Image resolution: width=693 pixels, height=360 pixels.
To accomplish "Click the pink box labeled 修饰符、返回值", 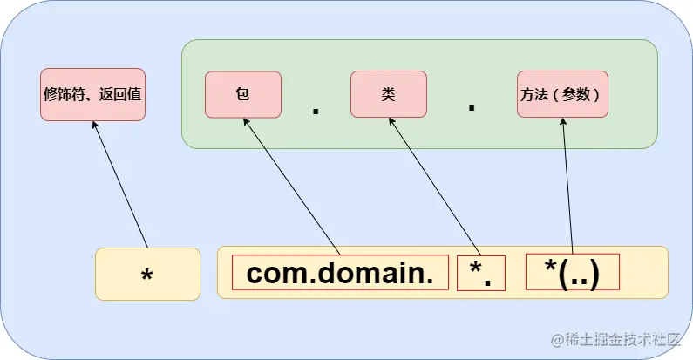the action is point(92,94).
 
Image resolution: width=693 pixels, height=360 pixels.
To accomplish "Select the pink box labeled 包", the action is point(243,94).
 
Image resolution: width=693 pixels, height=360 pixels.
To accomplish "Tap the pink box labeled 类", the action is point(389,94).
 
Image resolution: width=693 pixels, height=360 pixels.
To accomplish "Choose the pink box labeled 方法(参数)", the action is point(562,94).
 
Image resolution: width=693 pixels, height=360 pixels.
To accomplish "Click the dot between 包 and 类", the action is point(316,111).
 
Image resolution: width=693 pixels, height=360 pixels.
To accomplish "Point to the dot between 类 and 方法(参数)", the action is point(472,107).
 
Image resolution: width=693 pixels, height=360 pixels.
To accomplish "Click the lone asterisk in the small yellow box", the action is point(147,275).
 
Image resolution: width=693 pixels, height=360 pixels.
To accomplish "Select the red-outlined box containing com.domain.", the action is point(340,273).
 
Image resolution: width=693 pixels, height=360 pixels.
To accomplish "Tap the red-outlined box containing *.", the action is point(481,273).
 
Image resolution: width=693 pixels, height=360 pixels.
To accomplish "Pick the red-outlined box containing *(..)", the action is point(573,272).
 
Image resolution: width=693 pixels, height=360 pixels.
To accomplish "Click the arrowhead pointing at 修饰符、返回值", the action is point(94,125).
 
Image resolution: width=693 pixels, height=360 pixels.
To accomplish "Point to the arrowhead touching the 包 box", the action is point(246,121).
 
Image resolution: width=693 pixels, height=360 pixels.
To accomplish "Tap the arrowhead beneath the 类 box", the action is point(391,121).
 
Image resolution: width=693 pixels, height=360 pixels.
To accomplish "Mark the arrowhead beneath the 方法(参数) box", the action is point(563,121).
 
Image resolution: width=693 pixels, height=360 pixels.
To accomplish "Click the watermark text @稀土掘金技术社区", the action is point(615,339).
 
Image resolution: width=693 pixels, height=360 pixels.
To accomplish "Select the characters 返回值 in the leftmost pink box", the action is point(120,94).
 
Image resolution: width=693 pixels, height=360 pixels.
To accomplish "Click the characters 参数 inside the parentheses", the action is point(576,94).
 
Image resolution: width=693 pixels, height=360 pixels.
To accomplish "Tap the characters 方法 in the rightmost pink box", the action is point(534,94).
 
